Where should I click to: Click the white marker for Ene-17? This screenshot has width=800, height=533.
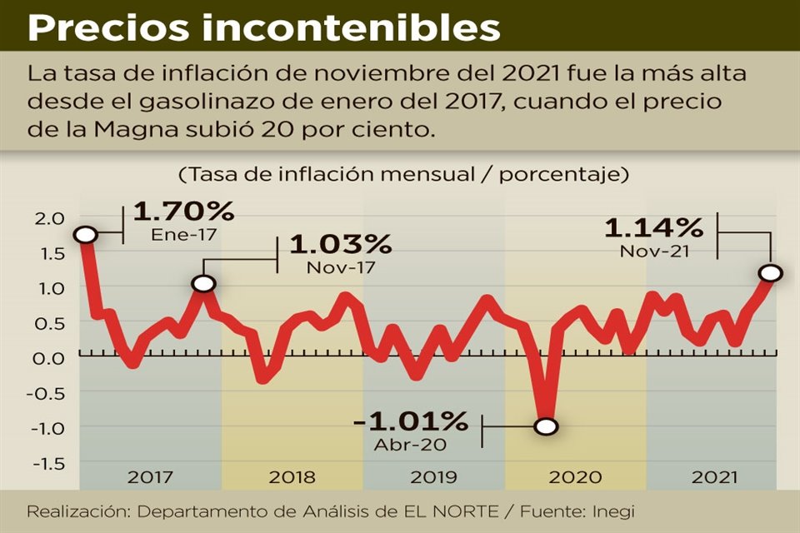click(85, 235)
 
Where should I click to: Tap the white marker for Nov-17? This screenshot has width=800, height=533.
click(203, 284)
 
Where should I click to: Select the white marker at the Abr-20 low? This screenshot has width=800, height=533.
click(546, 426)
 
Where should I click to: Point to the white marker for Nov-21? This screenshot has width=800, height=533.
click(771, 273)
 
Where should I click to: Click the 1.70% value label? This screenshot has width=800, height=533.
click(183, 212)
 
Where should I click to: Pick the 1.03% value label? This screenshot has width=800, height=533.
click(340, 245)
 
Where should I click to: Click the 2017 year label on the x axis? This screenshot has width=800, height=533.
click(150, 477)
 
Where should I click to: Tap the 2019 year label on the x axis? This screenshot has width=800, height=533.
click(433, 477)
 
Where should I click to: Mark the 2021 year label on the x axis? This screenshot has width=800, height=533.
click(715, 477)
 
